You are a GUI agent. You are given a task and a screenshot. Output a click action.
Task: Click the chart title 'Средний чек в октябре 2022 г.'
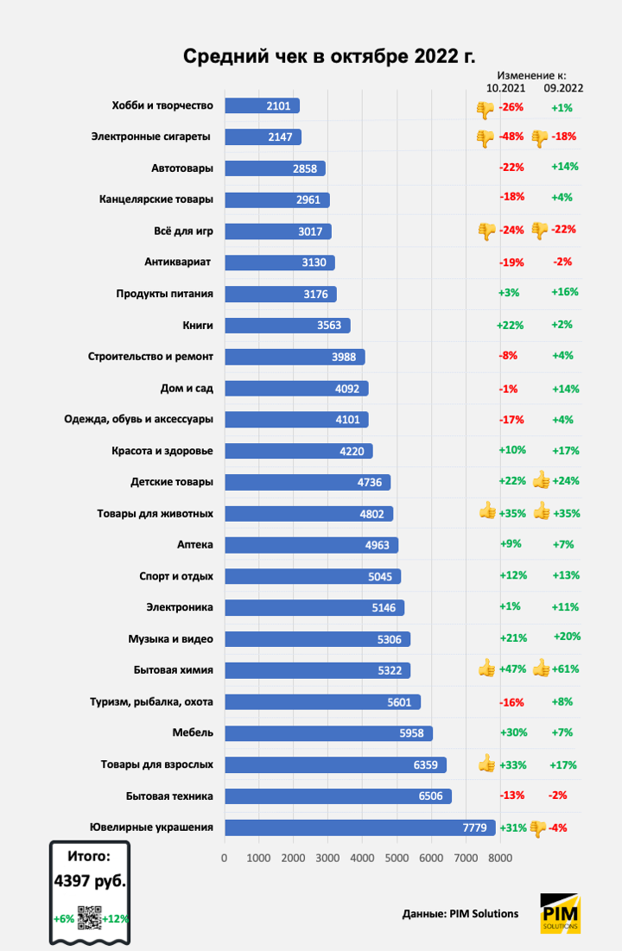click(329, 56)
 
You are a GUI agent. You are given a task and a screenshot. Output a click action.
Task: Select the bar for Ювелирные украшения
click(359, 827)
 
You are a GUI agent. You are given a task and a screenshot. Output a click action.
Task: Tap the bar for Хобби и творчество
click(262, 105)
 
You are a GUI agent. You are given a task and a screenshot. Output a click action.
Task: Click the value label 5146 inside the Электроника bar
click(384, 607)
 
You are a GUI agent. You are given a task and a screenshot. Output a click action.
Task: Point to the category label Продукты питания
click(164, 294)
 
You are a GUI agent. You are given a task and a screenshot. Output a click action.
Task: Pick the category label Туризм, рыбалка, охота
click(151, 701)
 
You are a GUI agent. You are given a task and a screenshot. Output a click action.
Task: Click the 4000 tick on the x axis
click(362, 858)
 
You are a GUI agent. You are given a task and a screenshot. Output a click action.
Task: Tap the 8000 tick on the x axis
click(499, 858)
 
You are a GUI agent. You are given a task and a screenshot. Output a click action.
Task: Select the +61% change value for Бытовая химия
click(567, 669)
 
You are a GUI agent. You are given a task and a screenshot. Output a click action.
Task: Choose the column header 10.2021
click(505, 87)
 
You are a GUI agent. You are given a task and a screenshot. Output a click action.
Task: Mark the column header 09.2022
click(563, 87)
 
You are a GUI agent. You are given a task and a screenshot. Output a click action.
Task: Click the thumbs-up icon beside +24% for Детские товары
click(542, 480)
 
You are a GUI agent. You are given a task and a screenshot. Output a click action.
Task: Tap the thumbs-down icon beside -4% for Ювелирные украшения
click(538, 827)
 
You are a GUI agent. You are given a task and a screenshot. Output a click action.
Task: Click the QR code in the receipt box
click(89, 917)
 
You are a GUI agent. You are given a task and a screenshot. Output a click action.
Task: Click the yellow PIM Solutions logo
click(560, 914)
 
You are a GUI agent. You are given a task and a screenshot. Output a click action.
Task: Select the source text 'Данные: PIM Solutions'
click(460, 914)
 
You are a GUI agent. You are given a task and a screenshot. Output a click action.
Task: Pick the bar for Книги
click(287, 326)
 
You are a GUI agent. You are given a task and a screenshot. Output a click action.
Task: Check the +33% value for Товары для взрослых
click(513, 764)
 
